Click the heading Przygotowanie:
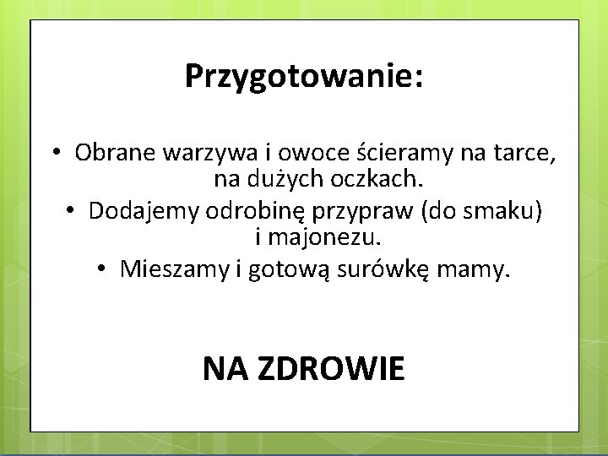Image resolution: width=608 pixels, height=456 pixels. coord(304,77)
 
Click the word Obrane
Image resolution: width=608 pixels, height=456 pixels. coord(105,154)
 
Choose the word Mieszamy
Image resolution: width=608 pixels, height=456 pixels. coord(177,269)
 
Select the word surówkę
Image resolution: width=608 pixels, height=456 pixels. coord(384,269)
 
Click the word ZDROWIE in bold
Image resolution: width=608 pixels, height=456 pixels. coord(329,369)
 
